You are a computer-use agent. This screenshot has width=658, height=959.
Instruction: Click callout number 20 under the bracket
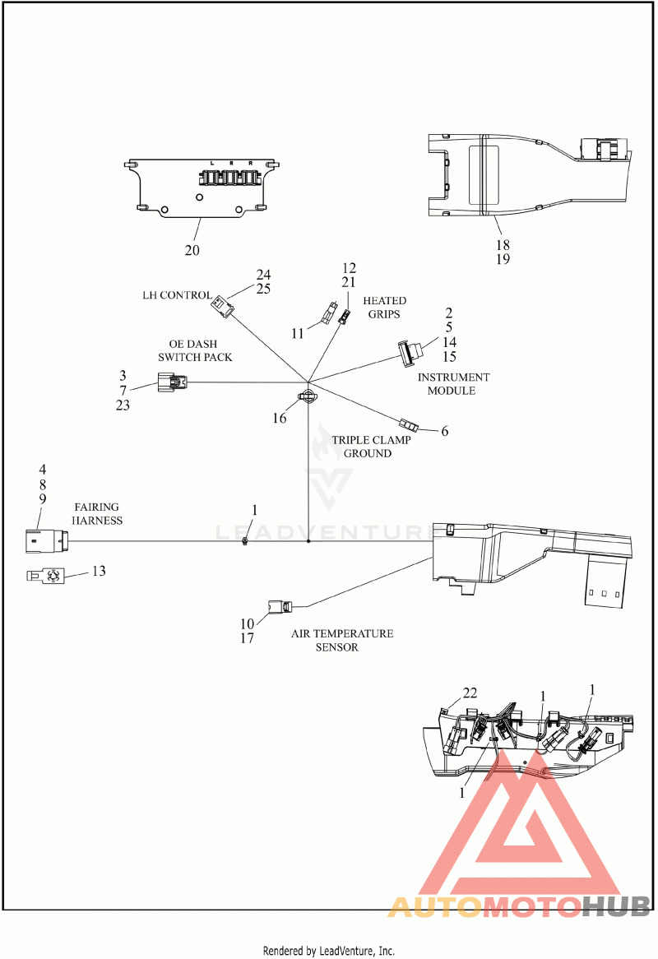click(192, 250)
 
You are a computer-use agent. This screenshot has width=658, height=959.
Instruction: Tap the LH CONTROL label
click(178, 294)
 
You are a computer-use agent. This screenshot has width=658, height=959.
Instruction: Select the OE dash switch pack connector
click(173, 382)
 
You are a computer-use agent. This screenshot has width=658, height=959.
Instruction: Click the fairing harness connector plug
click(47, 541)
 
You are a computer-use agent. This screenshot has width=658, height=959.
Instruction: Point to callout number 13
click(99, 571)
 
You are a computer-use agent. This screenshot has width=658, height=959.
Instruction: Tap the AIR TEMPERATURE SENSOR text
click(342, 641)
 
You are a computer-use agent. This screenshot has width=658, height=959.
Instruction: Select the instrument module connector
click(410, 353)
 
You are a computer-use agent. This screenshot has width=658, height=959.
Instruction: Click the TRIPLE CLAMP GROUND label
click(371, 447)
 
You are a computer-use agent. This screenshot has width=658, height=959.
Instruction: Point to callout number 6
click(445, 431)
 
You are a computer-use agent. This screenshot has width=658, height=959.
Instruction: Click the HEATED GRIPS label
click(384, 307)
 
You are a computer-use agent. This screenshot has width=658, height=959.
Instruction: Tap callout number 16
click(280, 418)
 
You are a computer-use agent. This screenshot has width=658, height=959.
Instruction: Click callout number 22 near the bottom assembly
click(470, 693)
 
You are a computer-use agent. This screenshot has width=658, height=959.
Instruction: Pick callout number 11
click(297, 333)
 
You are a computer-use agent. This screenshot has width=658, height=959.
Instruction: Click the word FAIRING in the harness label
click(96, 507)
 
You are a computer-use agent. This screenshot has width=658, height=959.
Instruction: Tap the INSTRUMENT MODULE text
click(453, 383)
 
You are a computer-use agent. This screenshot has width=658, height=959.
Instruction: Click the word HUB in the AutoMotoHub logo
click(614, 906)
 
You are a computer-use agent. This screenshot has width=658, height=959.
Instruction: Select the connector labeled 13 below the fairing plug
click(45, 576)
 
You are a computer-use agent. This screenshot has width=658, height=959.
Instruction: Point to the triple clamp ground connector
click(409, 424)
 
